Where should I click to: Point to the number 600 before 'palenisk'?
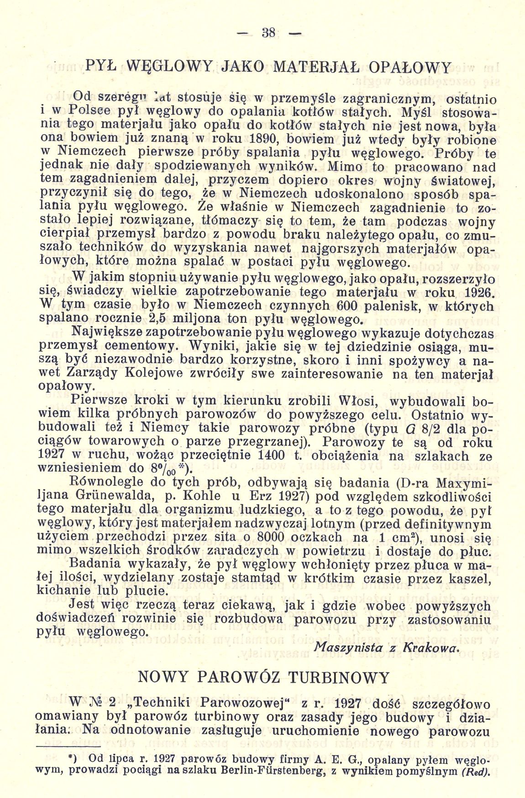(285, 304)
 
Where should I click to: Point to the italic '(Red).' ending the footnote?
(475, 772)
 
